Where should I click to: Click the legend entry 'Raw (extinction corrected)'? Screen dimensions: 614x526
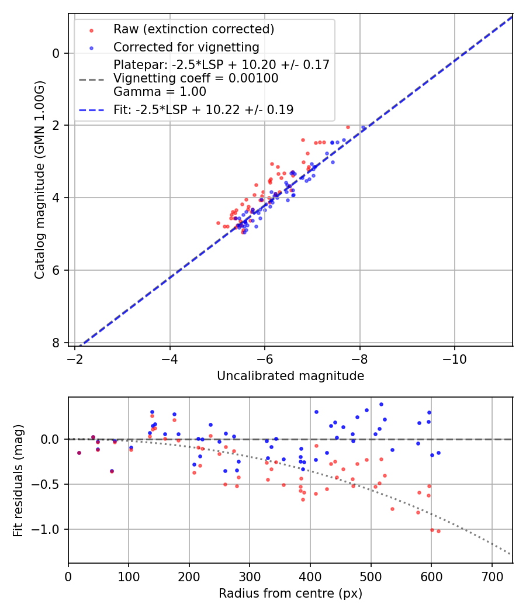(193, 29)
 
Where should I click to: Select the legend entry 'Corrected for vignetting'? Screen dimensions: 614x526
(186, 47)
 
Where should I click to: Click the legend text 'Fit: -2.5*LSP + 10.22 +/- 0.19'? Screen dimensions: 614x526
(203, 110)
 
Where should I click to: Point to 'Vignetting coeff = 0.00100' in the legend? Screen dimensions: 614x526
(196, 78)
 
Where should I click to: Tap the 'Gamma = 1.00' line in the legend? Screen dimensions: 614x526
(160, 92)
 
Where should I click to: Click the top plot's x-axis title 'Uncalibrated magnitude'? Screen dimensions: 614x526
(290, 376)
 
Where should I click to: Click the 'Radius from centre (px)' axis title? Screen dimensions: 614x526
(290, 594)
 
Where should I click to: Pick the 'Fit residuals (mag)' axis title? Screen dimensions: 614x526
(18, 480)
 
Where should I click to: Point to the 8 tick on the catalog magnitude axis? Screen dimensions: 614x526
(56, 343)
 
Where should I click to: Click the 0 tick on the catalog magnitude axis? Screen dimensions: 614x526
(56, 53)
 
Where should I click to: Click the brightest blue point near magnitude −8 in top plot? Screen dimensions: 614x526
(363, 127)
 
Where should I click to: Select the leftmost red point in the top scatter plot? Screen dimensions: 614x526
(218, 223)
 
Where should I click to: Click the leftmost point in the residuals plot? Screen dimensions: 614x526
(79, 453)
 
